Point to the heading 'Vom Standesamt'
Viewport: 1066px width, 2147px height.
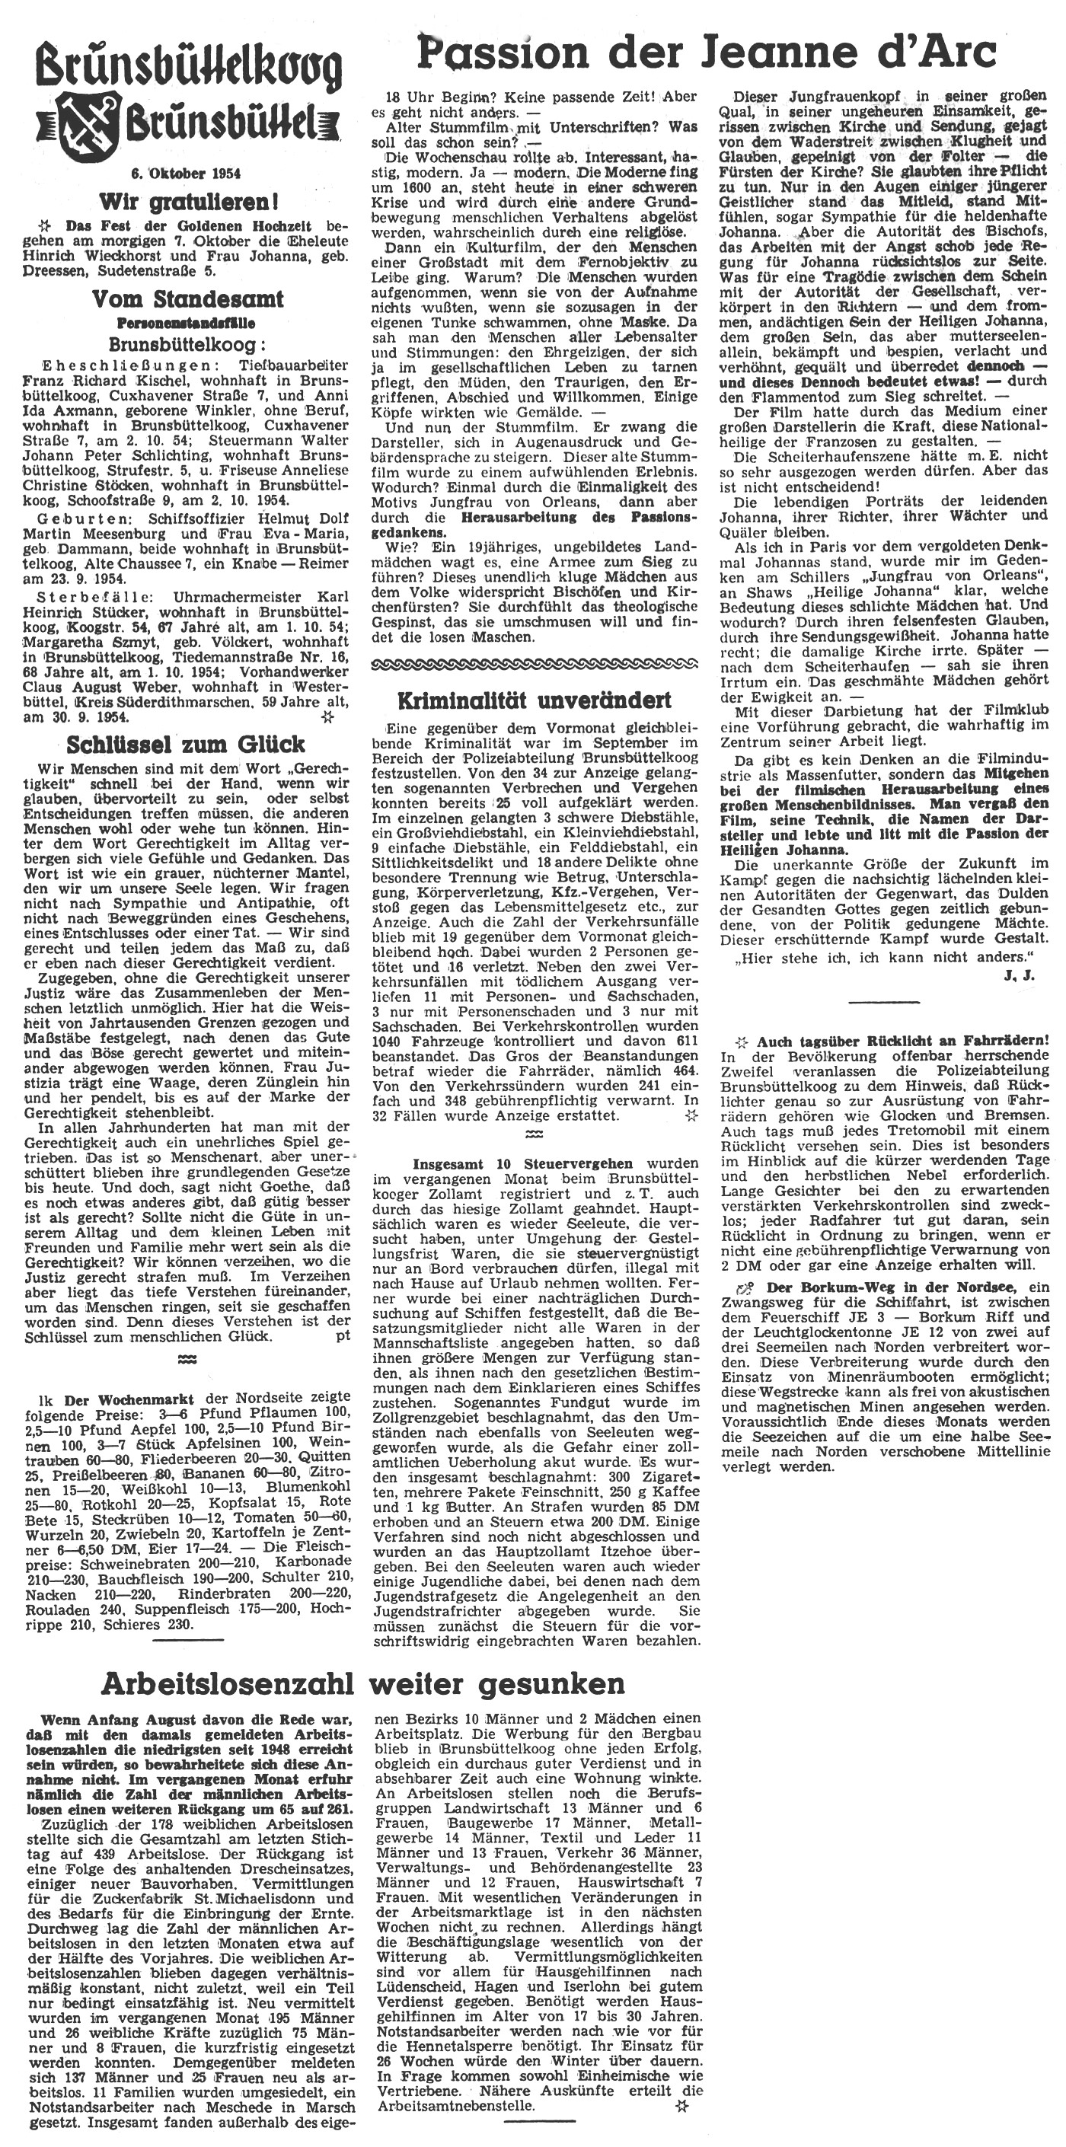(188, 299)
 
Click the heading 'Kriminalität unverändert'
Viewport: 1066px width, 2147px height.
(534, 699)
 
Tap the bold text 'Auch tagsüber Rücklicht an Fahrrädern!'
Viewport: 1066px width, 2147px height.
(902, 1042)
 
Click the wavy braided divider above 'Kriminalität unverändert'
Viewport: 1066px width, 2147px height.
(534, 663)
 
